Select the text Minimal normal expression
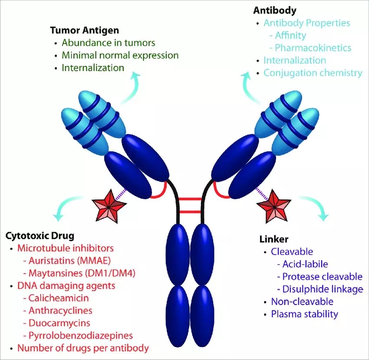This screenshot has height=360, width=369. tap(120, 56)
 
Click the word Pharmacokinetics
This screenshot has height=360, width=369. tap(313, 48)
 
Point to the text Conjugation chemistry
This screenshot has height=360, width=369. tap(313, 73)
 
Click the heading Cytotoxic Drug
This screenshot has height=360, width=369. tap(40, 236)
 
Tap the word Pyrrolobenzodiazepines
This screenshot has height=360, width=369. tap(80, 335)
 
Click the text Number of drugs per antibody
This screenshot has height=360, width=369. tap(83, 348)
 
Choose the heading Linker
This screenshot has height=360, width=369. tap(274, 239)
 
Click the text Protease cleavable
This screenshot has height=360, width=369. tap(322, 276)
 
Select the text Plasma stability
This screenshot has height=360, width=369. tap(304, 314)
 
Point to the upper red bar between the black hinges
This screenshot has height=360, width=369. tap(190, 200)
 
